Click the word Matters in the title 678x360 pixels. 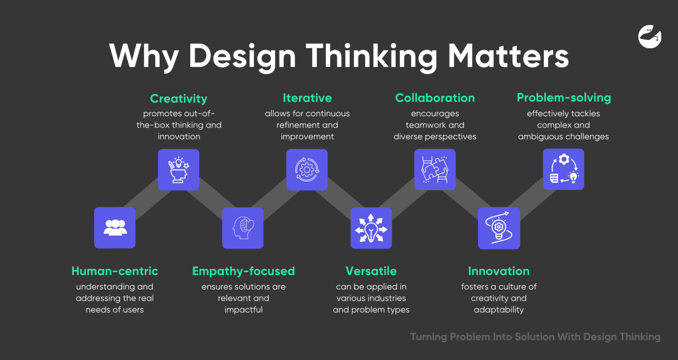[508, 56]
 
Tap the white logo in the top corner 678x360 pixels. [650, 36]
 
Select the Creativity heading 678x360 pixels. [178, 99]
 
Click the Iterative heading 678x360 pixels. [307, 98]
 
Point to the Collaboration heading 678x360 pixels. [435, 98]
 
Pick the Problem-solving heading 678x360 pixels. [564, 98]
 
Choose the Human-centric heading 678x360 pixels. [115, 271]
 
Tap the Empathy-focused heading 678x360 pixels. [243, 271]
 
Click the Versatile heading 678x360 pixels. [371, 271]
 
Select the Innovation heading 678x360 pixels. [499, 271]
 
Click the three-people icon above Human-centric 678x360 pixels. [115, 228]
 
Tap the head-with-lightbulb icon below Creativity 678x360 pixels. [178, 170]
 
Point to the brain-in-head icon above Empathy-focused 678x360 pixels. [243, 228]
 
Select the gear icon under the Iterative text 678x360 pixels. [307, 170]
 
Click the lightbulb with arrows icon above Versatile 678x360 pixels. [371, 228]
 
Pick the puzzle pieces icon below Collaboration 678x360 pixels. [435, 170]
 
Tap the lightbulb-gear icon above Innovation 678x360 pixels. [499, 228]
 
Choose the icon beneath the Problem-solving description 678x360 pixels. [563, 169]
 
